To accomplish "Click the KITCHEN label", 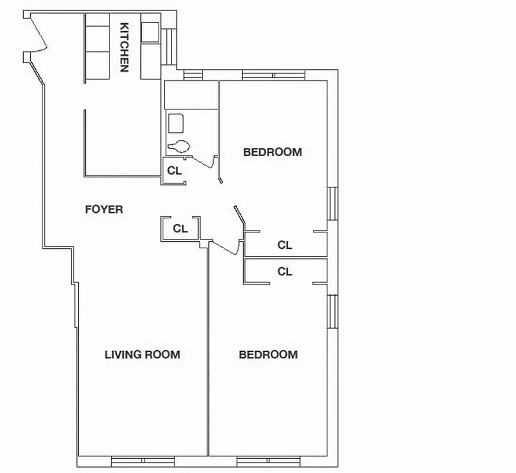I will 124,47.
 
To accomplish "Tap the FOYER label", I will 104,209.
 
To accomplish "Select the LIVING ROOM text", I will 142,355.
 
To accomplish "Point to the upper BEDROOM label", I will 273,152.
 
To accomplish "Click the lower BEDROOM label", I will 268,355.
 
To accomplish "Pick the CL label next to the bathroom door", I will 174,171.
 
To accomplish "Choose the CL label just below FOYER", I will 180,228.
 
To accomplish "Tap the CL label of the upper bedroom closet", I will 285,245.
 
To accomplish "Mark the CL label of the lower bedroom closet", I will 285,271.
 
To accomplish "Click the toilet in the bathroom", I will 179,145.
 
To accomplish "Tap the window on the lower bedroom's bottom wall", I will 268,461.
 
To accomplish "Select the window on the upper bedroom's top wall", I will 273,75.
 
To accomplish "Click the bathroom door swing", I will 204,161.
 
